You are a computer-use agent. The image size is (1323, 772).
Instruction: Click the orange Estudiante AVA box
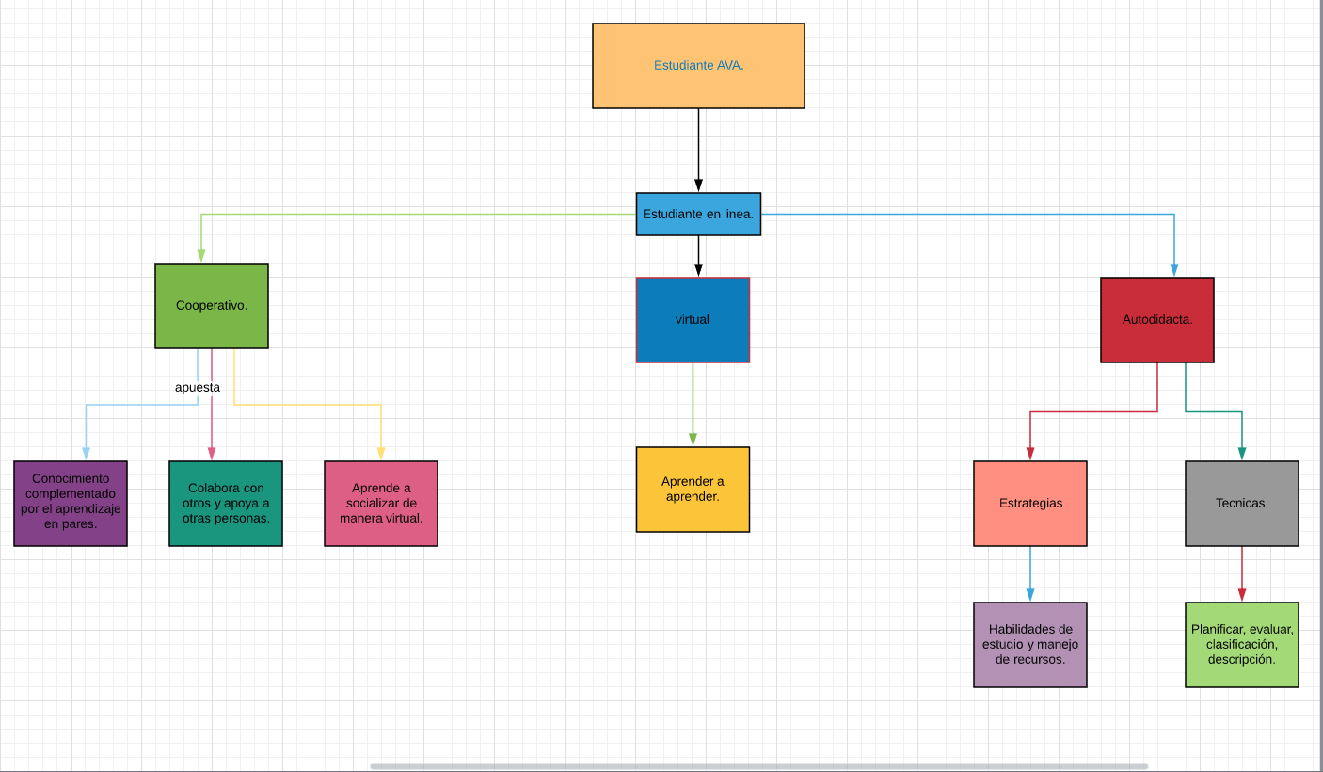(x=698, y=66)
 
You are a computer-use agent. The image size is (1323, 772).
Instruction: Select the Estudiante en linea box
(x=698, y=214)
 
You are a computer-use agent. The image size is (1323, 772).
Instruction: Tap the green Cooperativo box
(x=212, y=306)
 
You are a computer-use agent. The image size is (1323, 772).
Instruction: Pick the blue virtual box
(x=693, y=320)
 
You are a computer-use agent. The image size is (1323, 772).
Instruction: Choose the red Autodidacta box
(x=1157, y=320)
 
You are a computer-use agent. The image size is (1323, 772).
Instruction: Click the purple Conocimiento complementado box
(x=71, y=503)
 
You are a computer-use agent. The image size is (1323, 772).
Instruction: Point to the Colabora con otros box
(x=226, y=503)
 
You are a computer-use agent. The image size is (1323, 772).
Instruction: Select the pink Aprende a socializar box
(x=381, y=503)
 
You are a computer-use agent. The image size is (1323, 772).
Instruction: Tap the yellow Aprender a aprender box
(x=693, y=490)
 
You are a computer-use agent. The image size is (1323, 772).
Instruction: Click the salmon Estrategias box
(x=1030, y=503)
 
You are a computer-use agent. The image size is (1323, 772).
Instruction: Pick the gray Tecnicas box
(x=1242, y=503)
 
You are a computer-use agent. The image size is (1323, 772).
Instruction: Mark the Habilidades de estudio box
(x=1030, y=645)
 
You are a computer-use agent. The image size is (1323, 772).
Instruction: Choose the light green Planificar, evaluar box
(x=1242, y=645)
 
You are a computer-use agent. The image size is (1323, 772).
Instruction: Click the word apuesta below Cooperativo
(x=198, y=387)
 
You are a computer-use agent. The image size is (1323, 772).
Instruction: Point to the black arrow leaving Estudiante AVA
(x=698, y=151)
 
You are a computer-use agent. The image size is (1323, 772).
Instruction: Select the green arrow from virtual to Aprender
(x=693, y=405)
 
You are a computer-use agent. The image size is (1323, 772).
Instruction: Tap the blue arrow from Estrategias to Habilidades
(x=1030, y=574)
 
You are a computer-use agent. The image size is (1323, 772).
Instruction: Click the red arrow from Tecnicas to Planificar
(x=1242, y=574)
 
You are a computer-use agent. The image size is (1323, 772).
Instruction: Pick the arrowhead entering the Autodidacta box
(x=1174, y=270)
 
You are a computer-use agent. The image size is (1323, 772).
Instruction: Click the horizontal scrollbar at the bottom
(x=758, y=766)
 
